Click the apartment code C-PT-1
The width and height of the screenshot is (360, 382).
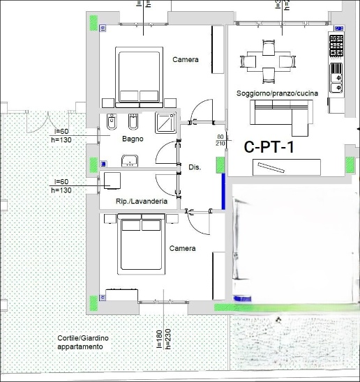(x=269, y=147)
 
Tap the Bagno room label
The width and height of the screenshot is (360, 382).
(x=133, y=139)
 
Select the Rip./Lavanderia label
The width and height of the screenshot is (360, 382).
(x=142, y=201)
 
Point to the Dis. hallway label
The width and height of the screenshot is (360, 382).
(x=195, y=167)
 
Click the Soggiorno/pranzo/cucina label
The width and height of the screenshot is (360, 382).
(x=277, y=93)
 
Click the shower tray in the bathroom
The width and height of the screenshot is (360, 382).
(x=165, y=123)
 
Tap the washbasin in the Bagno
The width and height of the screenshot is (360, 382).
(x=130, y=161)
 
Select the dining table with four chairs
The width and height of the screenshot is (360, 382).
(x=268, y=61)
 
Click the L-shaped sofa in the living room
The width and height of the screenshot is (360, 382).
(x=281, y=117)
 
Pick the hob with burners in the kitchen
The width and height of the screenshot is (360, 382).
(x=336, y=46)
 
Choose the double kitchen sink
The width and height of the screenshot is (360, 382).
(x=336, y=78)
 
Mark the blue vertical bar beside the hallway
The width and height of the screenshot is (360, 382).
(x=223, y=191)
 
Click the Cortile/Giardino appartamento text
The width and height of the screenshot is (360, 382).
(x=83, y=342)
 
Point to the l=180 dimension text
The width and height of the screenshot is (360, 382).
(x=159, y=339)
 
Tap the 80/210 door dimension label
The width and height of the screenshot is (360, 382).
(x=220, y=140)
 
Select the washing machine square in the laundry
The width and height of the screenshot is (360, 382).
(x=112, y=181)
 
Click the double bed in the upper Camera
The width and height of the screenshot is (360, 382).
(x=139, y=77)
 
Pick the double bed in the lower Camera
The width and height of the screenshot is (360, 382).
(x=141, y=244)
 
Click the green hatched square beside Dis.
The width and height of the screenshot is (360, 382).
(x=220, y=165)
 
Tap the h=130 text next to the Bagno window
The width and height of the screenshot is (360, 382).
(x=61, y=140)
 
